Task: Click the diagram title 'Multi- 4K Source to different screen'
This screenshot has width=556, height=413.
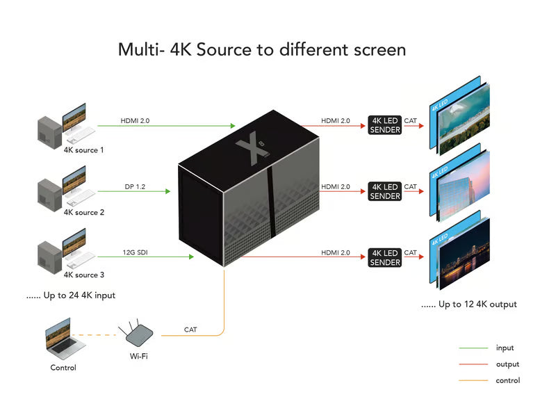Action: point(261,50)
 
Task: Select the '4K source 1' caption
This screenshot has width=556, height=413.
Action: point(84,149)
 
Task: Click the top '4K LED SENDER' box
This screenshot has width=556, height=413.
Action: point(385,125)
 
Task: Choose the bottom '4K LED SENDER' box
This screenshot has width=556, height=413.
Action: point(385,258)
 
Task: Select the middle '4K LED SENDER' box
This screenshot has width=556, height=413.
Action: point(385,191)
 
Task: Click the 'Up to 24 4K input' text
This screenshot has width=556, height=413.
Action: point(71,295)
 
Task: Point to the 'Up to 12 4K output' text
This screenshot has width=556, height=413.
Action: point(469,305)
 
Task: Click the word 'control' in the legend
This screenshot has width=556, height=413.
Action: point(507,380)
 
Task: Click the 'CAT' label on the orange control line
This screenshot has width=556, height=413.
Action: point(190,330)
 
